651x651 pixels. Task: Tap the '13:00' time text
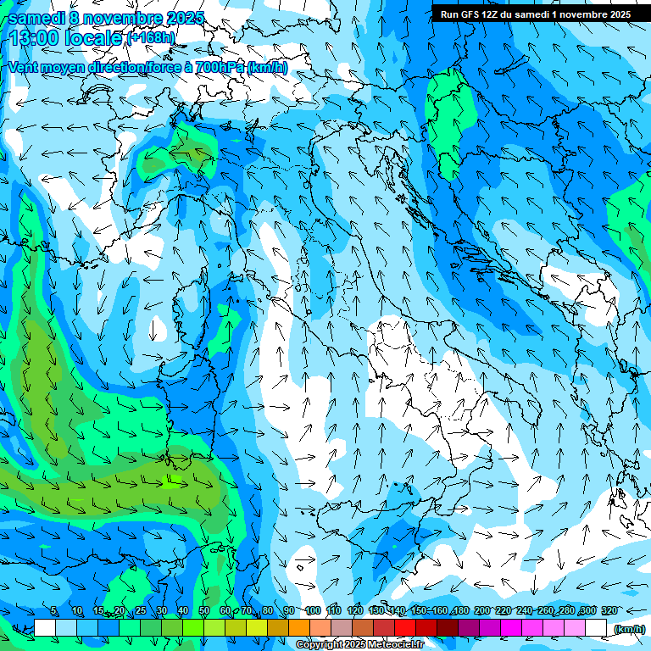pos(32,38)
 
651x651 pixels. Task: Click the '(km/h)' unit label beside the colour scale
pos(629,629)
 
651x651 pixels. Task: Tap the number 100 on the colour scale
pos(313,610)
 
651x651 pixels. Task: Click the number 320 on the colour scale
pos(609,610)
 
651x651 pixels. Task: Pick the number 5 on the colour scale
pos(54,610)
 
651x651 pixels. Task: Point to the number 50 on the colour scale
pos(204,610)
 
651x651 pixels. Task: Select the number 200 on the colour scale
pos(481,610)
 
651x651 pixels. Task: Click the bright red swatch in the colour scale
pos(405,628)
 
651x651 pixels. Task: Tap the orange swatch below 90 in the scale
pos(299,628)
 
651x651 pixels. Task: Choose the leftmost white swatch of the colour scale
pos(45,628)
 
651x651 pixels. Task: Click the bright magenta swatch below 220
pos(511,628)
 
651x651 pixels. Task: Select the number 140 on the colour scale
pos(398,610)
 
